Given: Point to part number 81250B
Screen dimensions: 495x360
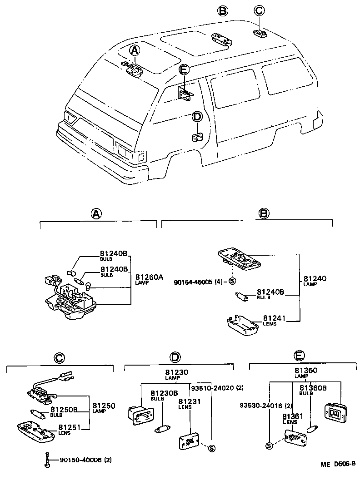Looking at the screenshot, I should click(x=64, y=410).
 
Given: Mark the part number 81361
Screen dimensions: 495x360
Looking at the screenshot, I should click(x=290, y=416).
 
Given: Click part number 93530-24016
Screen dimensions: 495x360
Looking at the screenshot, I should click(x=261, y=405).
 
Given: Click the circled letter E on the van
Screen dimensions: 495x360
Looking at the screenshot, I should click(x=184, y=69).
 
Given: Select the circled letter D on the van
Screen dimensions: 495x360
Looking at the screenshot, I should click(x=197, y=117).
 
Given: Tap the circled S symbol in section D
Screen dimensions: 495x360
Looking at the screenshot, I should click(x=211, y=449).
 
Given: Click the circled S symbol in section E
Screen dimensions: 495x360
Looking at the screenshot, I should click(x=269, y=445).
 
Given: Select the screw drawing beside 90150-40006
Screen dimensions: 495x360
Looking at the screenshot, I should click(x=47, y=460).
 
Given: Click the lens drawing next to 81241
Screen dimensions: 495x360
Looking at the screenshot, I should click(x=242, y=327).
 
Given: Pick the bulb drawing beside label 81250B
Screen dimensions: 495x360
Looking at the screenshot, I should click(x=37, y=414).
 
